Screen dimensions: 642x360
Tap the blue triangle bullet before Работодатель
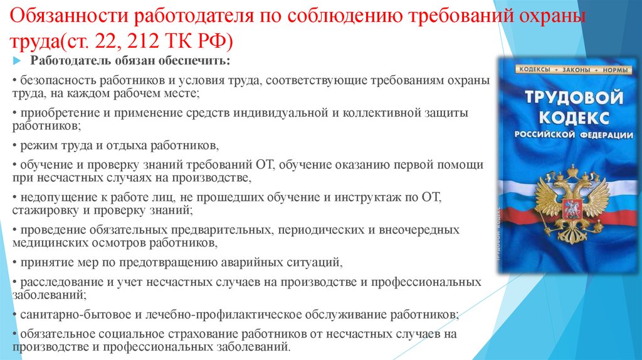click(x=17, y=61)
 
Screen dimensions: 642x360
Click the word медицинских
click(x=47, y=243)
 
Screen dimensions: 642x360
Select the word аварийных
click(x=249, y=262)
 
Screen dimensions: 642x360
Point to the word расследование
click(x=62, y=282)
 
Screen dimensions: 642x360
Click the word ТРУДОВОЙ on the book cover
click(x=574, y=97)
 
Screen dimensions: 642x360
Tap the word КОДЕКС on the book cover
click(x=574, y=118)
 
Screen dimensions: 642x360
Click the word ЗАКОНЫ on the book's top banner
click(x=576, y=70)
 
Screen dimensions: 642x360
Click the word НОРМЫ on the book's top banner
click(x=614, y=70)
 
